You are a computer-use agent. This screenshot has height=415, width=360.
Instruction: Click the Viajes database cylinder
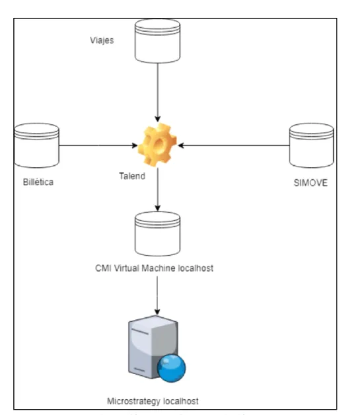[x=158, y=41]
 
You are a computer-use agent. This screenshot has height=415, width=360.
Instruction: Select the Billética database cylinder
[x=37, y=145]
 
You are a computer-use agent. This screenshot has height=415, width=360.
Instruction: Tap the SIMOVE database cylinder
[x=312, y=145]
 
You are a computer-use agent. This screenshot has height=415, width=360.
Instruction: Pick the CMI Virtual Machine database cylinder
[x=158, y=234]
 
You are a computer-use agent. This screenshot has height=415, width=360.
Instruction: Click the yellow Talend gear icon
[x=158, y=145]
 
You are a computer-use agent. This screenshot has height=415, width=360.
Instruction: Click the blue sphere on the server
[x=171, y=368]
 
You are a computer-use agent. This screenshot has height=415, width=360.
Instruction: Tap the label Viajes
[x=102, y=40]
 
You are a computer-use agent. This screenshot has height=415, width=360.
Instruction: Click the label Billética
[x=38, y=182]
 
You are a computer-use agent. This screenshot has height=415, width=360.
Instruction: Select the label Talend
[x=132, y=176]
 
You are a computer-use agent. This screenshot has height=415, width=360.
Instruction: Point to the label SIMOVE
[x=310, y=183]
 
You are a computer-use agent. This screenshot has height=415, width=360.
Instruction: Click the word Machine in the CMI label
[x=159, y=268]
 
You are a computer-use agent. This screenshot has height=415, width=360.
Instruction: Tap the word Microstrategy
[x=133, y=401]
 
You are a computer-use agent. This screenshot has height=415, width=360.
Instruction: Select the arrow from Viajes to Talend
[x=158, y=93]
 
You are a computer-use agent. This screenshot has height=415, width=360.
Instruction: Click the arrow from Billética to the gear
[x=98, y=145]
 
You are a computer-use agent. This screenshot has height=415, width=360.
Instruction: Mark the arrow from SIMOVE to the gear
[x=234, y=145]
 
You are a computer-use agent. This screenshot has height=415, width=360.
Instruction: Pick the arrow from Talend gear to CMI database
[x=158, y=189]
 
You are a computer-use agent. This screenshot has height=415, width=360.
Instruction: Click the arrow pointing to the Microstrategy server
[x=157, y=295]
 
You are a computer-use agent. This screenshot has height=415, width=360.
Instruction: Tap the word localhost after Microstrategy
[x=181, y=401]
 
